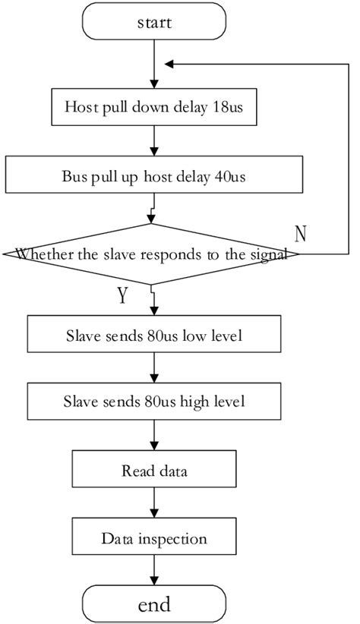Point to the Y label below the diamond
coord(121,295)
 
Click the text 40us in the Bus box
coord(228,176)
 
